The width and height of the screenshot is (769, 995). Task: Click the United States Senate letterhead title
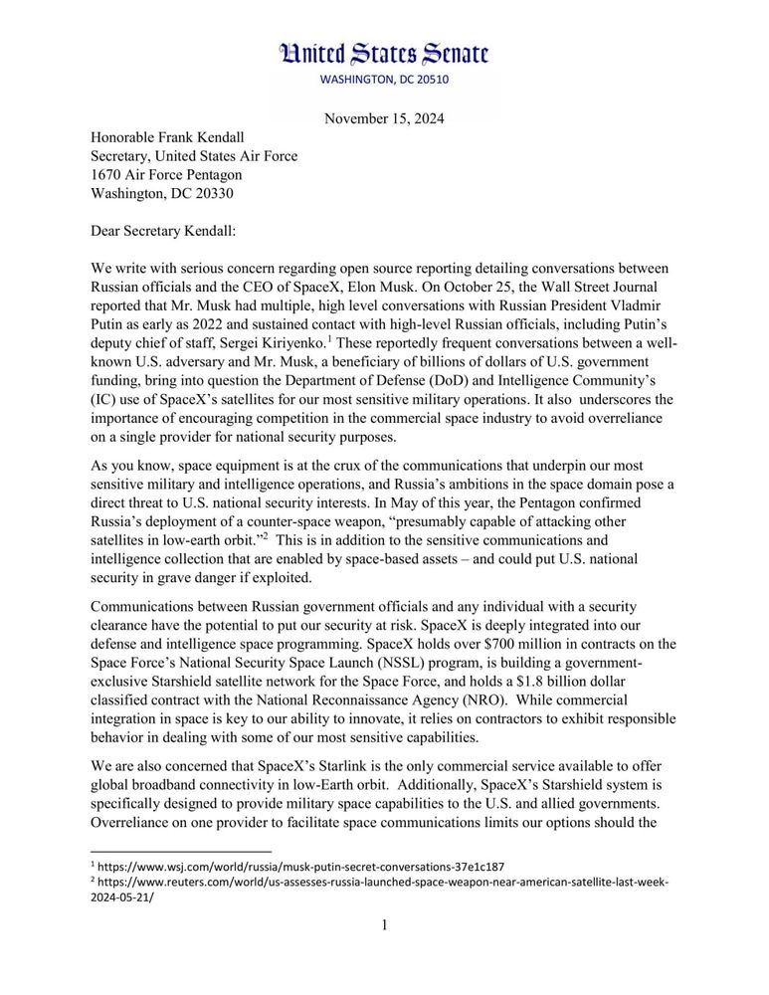(x=384, y=54)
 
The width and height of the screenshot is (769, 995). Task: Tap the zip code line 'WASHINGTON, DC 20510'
(x=384, y=80)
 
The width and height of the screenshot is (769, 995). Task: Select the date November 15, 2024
(x=384, y=119)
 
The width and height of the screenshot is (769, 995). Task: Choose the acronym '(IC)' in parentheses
(x=103, y=399)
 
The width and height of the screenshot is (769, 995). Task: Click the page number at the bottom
(x=384, y=925)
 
